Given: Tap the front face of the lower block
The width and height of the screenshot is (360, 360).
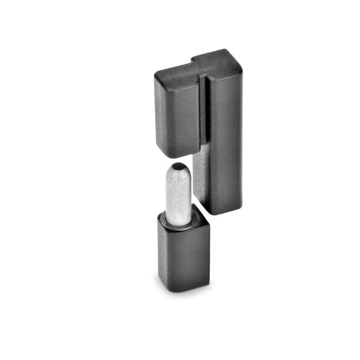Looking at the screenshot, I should click(174, 258).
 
